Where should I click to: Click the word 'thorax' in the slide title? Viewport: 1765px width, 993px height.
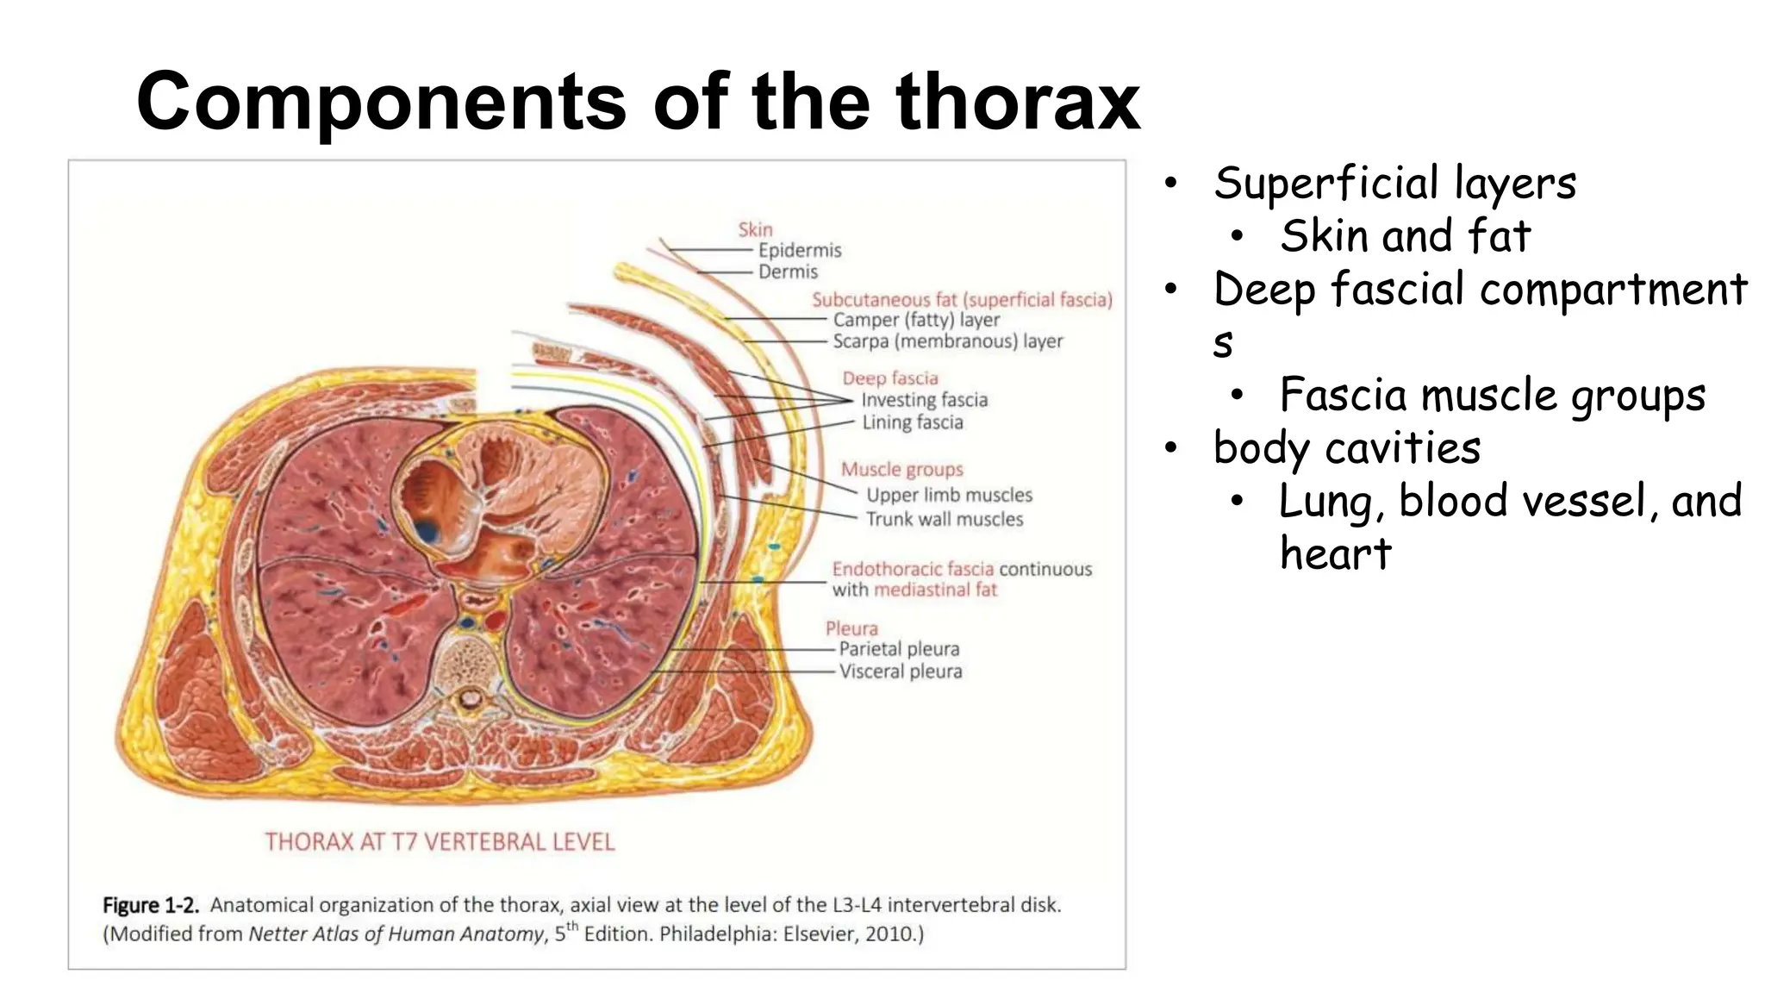click(1018, 103)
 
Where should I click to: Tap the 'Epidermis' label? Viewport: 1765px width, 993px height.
click(799, 250)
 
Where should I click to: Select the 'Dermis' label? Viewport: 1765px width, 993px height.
click(788, 272)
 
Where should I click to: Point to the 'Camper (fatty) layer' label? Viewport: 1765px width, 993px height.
click(916, 320)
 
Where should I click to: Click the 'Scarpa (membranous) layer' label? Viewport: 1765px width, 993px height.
click(947, 341)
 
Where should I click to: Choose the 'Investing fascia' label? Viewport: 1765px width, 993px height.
click(924, 400)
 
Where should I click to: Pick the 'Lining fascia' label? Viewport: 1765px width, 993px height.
click(913, 422)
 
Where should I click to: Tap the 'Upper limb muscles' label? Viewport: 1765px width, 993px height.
click(949, 495)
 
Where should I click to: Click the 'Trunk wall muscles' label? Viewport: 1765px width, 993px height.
click(945, 519)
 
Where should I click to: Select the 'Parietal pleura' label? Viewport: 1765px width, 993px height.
click(899, 649)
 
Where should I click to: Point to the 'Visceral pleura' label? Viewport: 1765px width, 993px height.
click(901, 671)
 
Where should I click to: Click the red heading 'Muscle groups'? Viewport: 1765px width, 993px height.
click(901, 470)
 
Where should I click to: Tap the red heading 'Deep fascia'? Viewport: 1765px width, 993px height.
click(889, 378)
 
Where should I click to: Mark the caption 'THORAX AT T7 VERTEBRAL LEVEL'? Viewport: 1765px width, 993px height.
click(440, 842)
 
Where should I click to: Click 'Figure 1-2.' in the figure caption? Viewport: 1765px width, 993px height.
click(151, 905)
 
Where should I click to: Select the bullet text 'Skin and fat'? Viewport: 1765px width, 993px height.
click(1405, 236)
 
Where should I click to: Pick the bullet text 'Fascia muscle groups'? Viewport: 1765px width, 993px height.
click(1492, 396)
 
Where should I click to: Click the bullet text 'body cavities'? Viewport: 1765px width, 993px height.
click(1347, 448)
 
